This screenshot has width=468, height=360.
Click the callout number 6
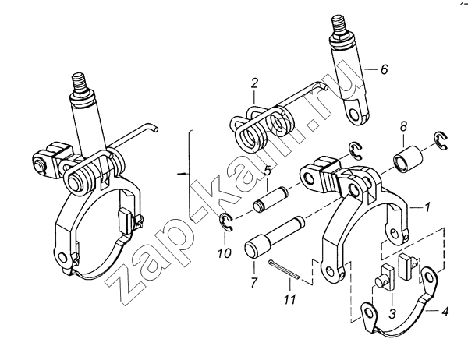point(384,69)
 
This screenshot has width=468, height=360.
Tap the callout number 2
point(254,83)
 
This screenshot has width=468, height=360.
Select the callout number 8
point(403,126)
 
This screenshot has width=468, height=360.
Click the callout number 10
point(224,253)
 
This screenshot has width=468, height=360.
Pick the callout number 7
point(253,282)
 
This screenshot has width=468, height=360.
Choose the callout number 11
point(289,298)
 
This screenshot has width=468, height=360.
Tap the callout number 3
point(392,313)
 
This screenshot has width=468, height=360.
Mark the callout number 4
point(445,312)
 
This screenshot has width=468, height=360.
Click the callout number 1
point(427,206)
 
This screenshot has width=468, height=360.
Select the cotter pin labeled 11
point(285,269)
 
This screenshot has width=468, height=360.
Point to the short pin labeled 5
point(271,199)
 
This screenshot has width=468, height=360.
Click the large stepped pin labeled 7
point(273,238)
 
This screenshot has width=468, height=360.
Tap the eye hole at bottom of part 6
point(355,114)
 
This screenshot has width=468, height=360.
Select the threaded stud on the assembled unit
point(80,83)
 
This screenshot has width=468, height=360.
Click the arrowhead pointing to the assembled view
point(180,173)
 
